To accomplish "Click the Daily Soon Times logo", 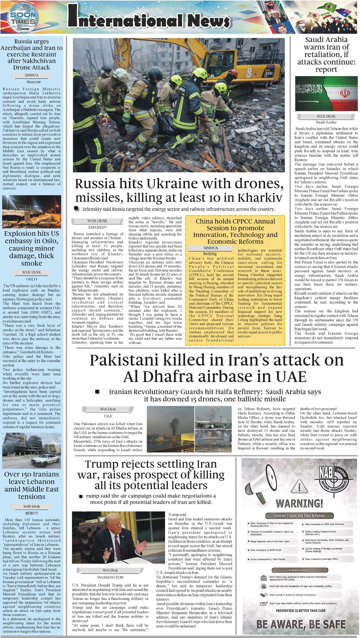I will (23, 17).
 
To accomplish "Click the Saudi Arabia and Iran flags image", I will (326, 94).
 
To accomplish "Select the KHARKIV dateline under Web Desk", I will (97, 227).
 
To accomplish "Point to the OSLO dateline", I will (32, 279).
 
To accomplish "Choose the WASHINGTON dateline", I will (110, 577).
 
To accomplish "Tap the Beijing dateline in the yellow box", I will (210, 254).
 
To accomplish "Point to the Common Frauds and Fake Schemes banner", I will (299, 516).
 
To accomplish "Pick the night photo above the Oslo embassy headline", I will (32, 211).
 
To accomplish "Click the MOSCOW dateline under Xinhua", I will (34, 82).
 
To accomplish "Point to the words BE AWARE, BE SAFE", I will (301, 624).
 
